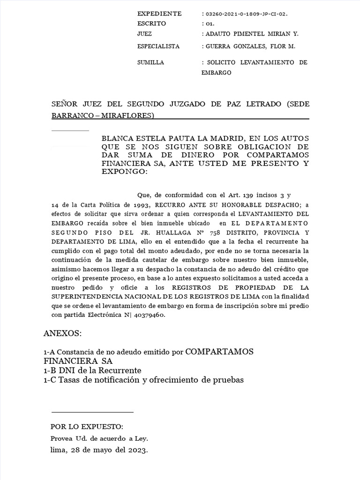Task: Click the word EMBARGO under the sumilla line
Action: click(216, 73)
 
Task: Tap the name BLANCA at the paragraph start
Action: click(118, 139)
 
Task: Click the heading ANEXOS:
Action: click(62, 334)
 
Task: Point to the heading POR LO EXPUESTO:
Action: click(87, 427)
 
